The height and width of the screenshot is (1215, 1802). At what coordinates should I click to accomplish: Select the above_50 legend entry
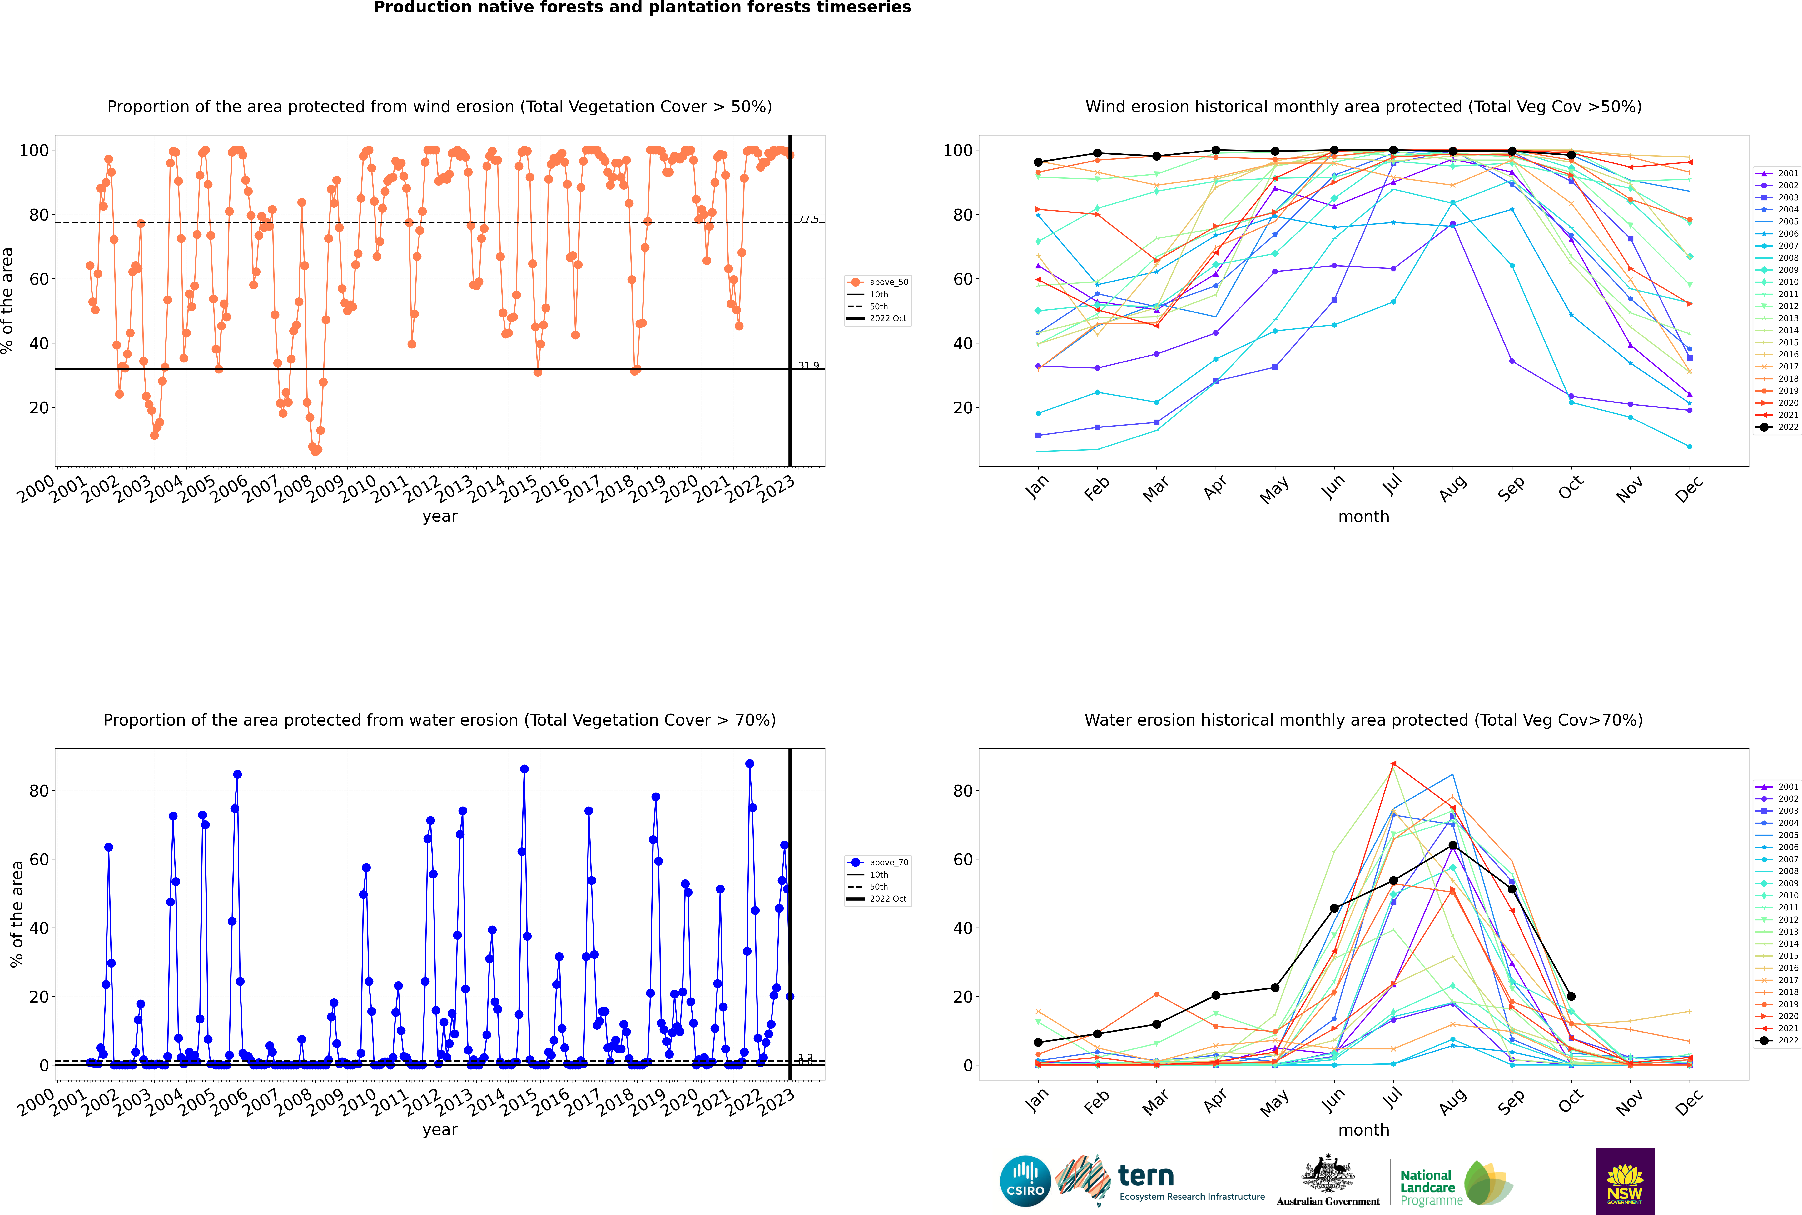point(879,282)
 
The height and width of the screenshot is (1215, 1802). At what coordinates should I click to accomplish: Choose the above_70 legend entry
point(879,862)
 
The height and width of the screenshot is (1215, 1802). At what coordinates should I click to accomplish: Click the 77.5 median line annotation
point(808,219)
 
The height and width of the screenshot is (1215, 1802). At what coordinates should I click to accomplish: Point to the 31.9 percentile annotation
point(808,366)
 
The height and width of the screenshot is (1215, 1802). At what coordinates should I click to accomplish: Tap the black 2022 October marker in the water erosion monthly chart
point(1571,997)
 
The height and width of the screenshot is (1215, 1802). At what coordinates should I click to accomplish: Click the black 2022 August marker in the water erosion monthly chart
point(1453,845)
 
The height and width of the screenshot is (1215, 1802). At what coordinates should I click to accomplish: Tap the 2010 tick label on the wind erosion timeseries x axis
point(358,490)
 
